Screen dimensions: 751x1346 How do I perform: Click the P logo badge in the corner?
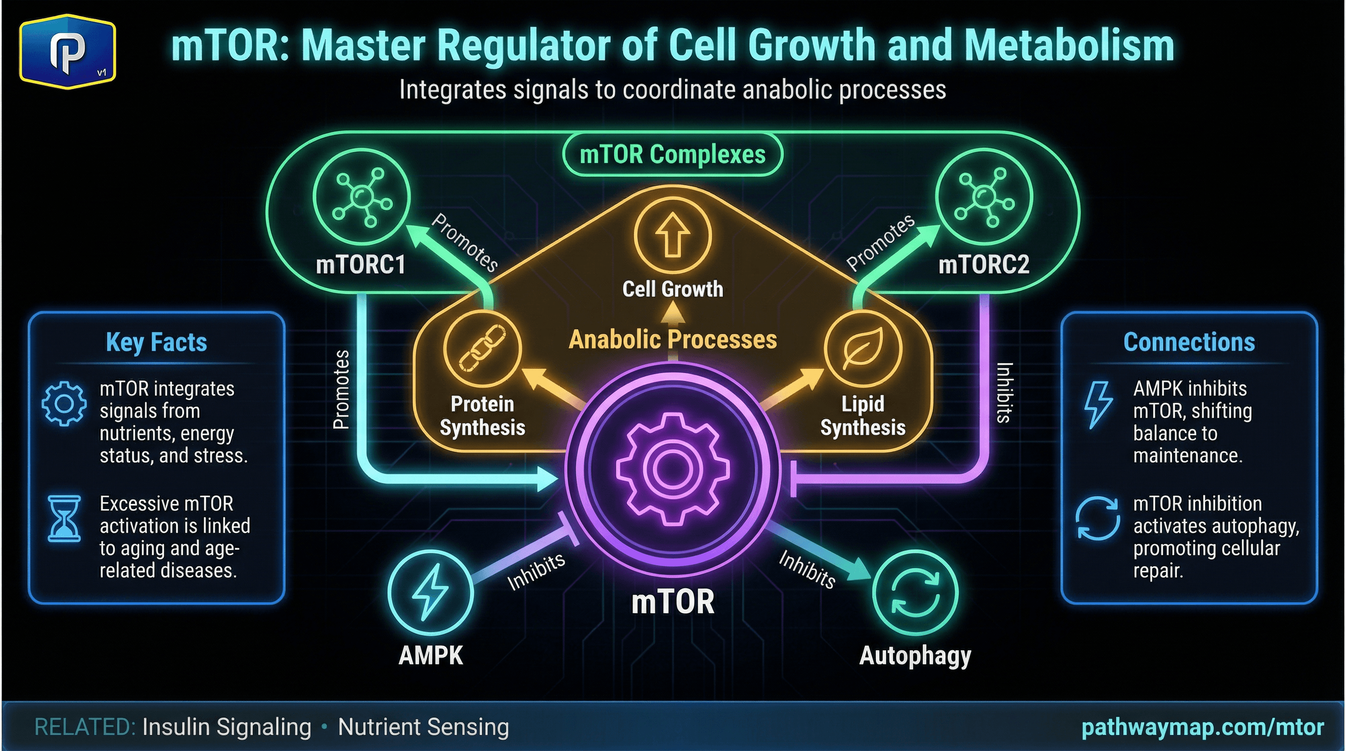pyautogui.click(x=67, y=52)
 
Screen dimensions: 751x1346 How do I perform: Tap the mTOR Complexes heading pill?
pyautogui.click(x=673, y=155)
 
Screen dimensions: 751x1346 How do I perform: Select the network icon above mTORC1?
pyautogui.click(x=361, y=197)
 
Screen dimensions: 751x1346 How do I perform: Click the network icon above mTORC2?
pyautogui.click(x=984, y=197)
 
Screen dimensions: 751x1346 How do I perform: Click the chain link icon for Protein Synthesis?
pyautogui.click(x=482, y=348)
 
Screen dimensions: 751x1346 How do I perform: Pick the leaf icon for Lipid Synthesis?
pyautogui.click(x=863, y=348)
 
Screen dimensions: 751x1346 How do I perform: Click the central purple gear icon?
pyautogui.click(x=673, y=468)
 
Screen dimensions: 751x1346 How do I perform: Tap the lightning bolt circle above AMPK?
pyautogui.click(x=430, y=593)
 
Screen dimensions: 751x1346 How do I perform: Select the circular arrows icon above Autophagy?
pyautogui.click(x=915, y=593)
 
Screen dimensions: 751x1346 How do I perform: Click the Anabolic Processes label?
pyautogui.click(x=673, y=339)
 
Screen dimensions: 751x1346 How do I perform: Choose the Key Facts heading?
pyautogui.click(x=156, y=343)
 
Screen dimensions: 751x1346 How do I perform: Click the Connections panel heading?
pyautogui.click(x=1189, y=342)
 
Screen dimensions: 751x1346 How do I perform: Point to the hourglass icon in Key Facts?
pyautogui.click(x=64, y=518)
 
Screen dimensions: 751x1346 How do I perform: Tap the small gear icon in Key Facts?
pyautogui.click(x=64, y=404)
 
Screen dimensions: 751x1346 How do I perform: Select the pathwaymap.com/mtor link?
pyautogui.click(x=1202, y=727)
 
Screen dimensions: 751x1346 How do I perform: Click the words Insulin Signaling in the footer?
pyautogui.click(x=226, y=727)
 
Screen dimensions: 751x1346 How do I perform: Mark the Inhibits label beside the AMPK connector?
pyautogui.click(x=536, y=572)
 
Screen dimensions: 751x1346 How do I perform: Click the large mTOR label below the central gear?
pyautogui.click(x=673, y=602)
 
